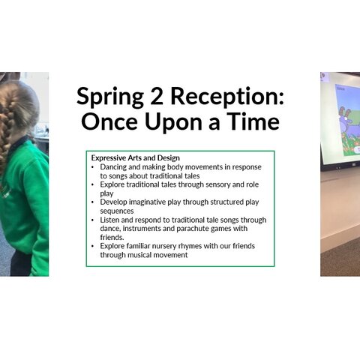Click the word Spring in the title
tap(110, 97)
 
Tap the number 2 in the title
tap(157, 95)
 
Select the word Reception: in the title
tap(227, 97)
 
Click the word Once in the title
tap(109, 121)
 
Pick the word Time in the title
tap(253, 121)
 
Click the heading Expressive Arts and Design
tap(135, 158)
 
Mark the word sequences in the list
tap(117, 211)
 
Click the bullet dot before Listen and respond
tap(93, 220)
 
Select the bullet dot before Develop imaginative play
tap(93, 202)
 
